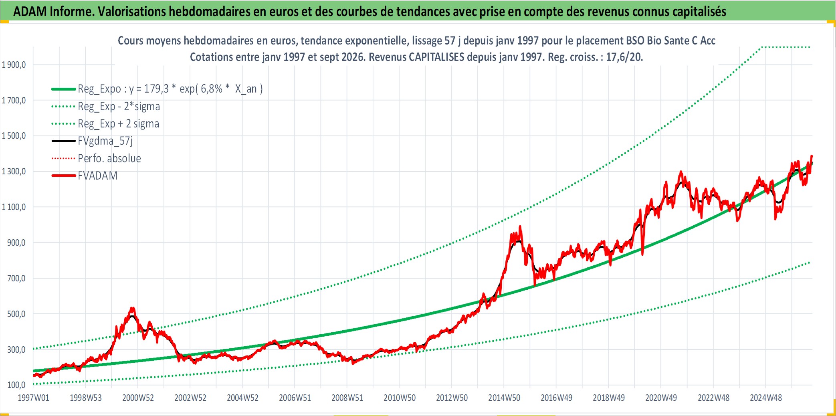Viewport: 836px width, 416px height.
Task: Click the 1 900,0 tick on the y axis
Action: [x=14, y=65]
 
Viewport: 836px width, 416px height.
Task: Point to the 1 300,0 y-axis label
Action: [x=14, y=172]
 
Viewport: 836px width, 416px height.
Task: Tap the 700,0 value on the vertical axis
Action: [x=16, y=278]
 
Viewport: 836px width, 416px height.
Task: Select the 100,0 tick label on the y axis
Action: [x=16, y=385]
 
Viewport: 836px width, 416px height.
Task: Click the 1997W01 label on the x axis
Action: [x=34, y=398]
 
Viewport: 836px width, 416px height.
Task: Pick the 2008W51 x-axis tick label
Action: [x=347, y=398]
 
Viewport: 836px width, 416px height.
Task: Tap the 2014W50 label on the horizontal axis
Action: [x=504, y=398]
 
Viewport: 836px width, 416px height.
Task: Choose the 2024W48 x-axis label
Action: [x=766, y=398]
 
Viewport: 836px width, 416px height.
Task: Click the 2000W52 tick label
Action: [x=138, y=398]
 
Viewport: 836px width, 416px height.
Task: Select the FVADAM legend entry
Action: [x=97, y=176]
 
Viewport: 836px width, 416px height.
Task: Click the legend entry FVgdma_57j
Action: [x=105, y=141]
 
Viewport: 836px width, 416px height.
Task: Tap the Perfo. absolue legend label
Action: [x=109, y=158]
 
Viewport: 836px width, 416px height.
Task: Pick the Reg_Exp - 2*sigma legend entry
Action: [x=119, y=106]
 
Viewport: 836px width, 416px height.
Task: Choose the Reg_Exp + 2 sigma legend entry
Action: [x=119, y=123]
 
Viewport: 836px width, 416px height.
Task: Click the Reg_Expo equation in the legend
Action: [x=170, y=89]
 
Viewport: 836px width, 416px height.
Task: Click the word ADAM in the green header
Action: [x=30, y=11]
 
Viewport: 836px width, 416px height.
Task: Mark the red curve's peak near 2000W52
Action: [x=132, y=308]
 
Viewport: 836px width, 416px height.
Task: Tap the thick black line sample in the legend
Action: [x=63, y=141]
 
